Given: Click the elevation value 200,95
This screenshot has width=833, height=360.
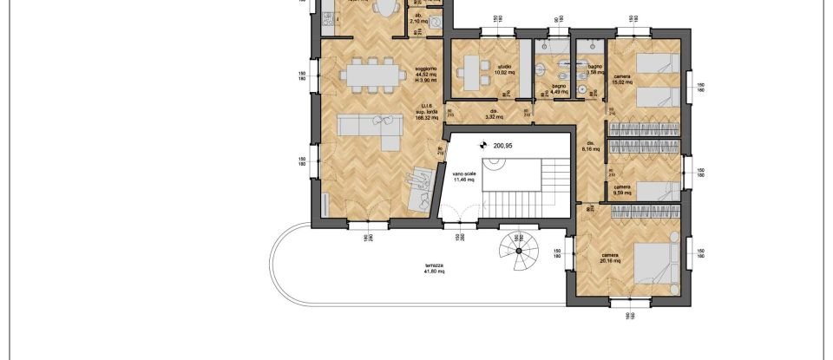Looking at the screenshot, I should point(504,146).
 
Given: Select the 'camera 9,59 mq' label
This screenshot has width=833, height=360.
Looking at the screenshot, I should point(622,190).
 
